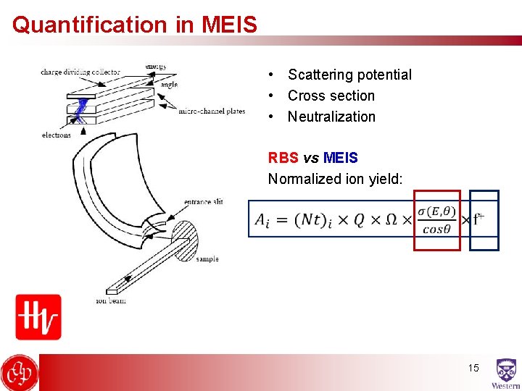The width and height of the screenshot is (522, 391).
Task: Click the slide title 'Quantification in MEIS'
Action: (x=135, y=25)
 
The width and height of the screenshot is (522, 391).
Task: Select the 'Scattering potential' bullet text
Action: (x=349, y=75)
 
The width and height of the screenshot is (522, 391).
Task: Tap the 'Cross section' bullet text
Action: (x=331, y=96)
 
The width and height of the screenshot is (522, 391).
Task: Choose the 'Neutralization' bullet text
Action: (x=331, y=117)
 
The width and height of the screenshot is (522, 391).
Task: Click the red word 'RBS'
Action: (x=283, y=158)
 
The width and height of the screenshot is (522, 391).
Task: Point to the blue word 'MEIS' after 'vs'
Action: (x=341, y=158)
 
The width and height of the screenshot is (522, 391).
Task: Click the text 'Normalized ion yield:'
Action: (x=335, y=178)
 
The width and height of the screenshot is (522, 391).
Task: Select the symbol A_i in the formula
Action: (x=262, y=220)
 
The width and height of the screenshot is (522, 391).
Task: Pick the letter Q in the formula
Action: (x=359, y=220)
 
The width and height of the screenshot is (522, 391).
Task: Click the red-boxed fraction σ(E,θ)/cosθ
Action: (x=436, y=220)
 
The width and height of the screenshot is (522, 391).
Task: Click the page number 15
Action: (x=473, y=369)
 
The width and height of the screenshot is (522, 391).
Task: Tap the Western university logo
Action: (x=505, y=374)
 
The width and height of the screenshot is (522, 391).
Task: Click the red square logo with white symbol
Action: (x=38, y=316)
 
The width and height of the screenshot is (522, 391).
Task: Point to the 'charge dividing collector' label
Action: (x=80, y=72)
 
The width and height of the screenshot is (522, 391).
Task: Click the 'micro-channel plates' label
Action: (x=211, y=111)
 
